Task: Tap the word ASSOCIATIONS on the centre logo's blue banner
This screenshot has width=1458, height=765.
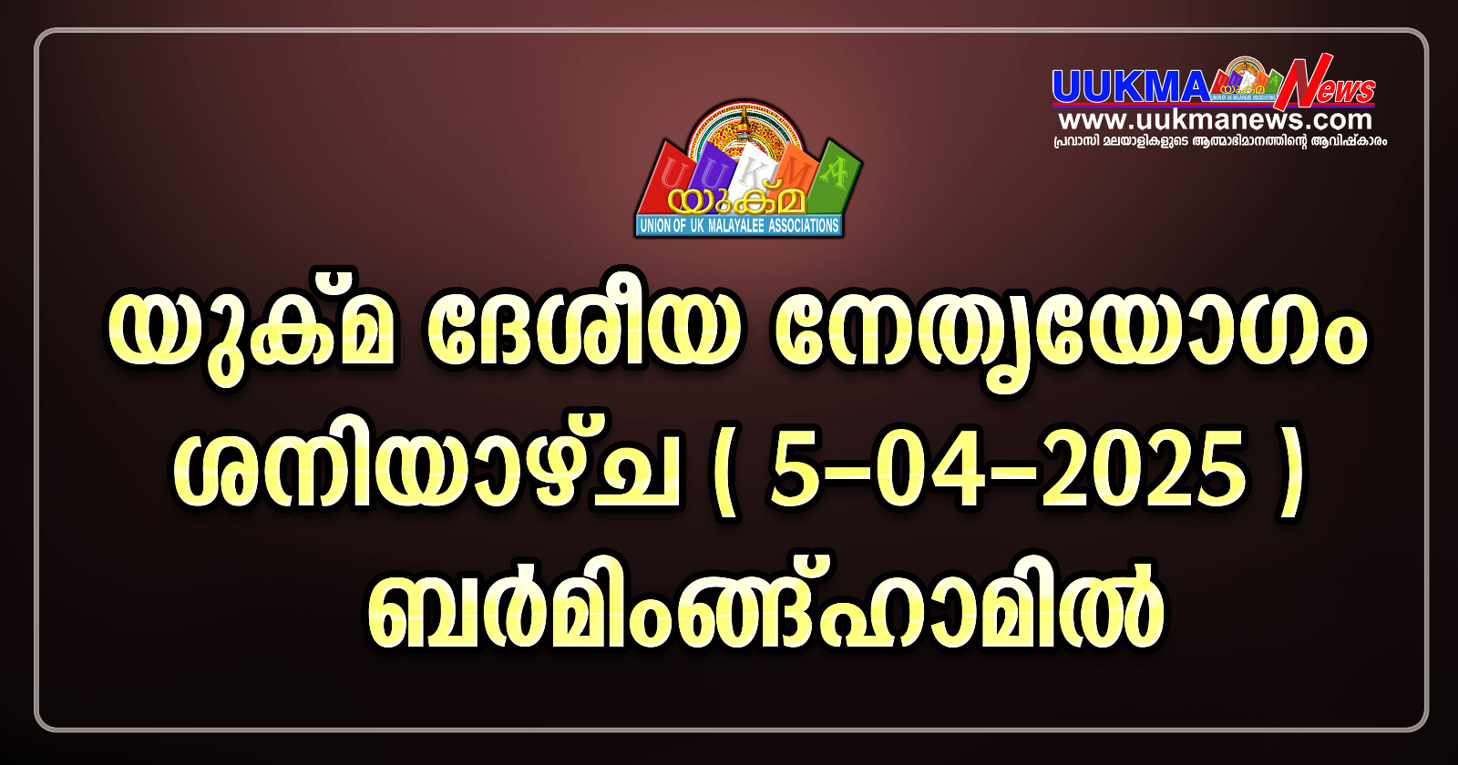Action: [803, 227]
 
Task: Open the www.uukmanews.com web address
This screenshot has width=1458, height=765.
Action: [1215, 120]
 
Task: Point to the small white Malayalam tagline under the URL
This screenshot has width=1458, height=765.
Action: [1220, 141]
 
